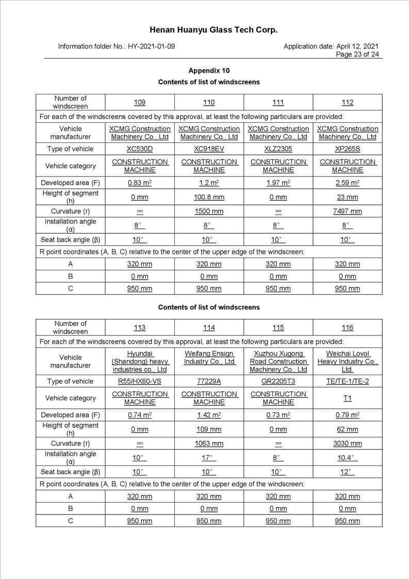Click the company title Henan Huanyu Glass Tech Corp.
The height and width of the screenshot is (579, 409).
tap(213, 30)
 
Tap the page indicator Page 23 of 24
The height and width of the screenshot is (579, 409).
tap(357, 54)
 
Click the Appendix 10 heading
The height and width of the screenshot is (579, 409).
tap(209, 71)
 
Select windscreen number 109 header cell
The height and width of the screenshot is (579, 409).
tap(140, 102)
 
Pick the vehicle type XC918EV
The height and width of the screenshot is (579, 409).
tap(209, 149)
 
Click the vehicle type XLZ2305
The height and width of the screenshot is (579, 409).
tap(278, 149)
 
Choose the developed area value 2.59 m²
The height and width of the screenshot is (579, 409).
tap(347, 183)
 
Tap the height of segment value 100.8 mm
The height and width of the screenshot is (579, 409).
tap(209, 197)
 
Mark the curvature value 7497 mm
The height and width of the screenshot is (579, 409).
tap(347, 212)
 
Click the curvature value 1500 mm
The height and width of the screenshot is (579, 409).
tap(209, 212)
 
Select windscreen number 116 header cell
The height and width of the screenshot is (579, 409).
tap(347, 328)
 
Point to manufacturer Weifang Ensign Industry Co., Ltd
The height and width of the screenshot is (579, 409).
tap(209, 358)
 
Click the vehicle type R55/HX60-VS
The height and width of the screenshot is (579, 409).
tap(140, 381)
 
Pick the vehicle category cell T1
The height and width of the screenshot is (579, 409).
tap(347, 398)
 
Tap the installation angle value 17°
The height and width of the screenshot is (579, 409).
tap(209, 458)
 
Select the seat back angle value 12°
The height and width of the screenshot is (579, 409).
tap(347, 472)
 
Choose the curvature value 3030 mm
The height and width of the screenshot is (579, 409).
tap(347, 444)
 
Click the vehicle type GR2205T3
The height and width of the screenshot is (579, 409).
tap(278, 381)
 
